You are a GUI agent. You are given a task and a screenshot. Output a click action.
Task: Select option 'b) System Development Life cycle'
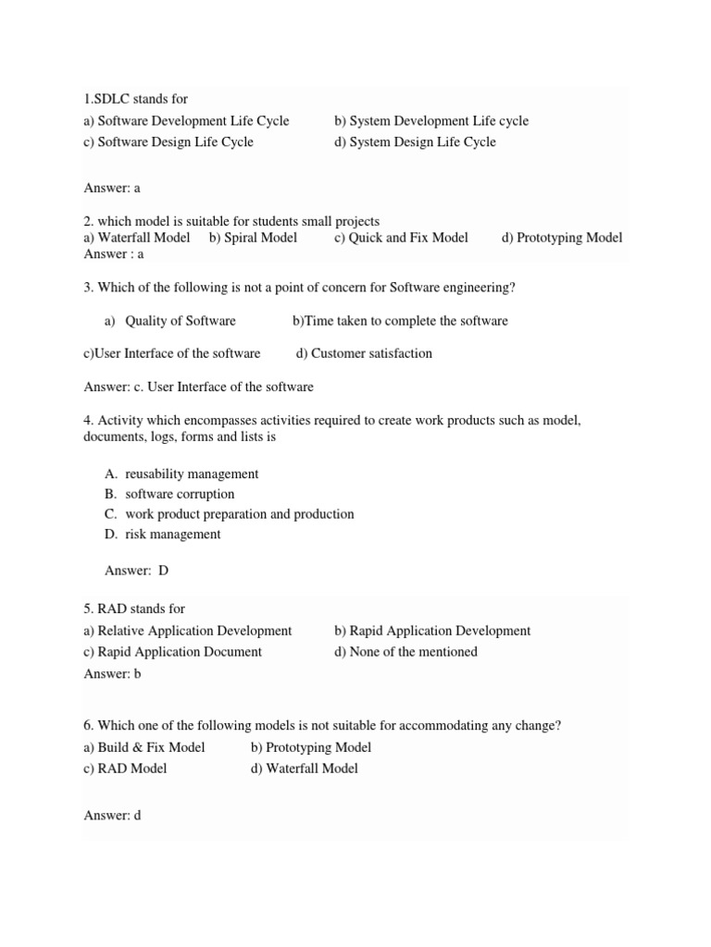(x=431, y=121)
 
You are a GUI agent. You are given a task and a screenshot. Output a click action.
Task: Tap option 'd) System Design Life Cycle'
(x=415, y=142)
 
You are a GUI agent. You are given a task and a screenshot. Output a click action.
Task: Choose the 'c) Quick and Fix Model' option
(x=402, y=238)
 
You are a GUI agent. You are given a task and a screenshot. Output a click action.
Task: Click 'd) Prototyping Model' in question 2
(x=562, y=238)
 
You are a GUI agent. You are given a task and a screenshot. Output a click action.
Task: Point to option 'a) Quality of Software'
(x=170, y=321)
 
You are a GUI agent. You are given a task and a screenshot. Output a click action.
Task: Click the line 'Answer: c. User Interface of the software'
(x=198, y=387)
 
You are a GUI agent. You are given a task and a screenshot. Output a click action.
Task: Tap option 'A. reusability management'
(x=181, y=473)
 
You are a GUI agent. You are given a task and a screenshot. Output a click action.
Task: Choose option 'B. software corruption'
(x=169, y=494)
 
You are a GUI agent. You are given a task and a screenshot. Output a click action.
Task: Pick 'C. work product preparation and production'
(x=229, y=514)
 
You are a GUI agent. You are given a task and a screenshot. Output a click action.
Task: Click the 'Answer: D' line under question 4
(x=137, y=571)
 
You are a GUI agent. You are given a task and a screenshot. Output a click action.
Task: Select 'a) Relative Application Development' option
(x=187, y=631)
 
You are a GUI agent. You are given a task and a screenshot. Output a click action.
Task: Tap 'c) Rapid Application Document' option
(x=172, y=652)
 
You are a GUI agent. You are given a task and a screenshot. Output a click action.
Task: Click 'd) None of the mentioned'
(x=406, y=652)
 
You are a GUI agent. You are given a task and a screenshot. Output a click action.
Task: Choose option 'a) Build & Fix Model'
(x=143, y=747)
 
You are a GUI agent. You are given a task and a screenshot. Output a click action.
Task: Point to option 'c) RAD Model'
(x=125, y=769)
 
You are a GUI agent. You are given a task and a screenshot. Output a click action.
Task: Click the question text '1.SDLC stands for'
(x=135, y=99)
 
